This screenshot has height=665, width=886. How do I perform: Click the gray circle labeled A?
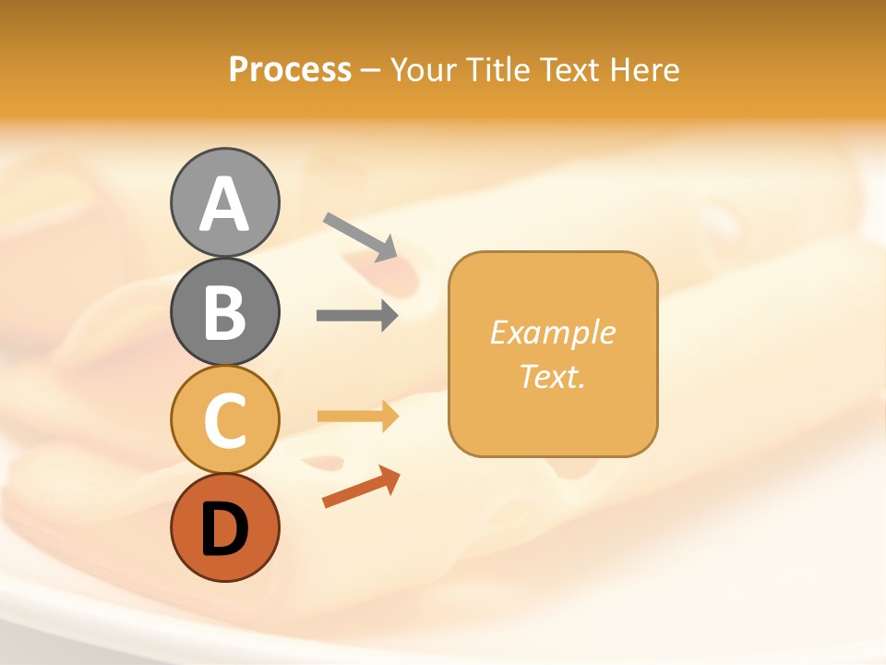pos(224,202)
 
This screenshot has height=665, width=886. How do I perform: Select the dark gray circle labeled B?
pos(224,311)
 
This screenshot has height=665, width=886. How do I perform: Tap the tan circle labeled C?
pos(224,419)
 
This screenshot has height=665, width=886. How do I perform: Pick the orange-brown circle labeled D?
pos(224,527)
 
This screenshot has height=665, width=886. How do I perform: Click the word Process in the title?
pos(290,69)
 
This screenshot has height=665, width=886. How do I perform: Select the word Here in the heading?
pos(645,69)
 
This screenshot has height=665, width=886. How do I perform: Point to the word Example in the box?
pos(552,332)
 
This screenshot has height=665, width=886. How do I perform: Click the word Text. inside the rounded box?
pos(552,376)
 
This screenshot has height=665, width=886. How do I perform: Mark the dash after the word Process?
pos(371,70)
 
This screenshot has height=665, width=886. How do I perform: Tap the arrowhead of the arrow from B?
pos(389,315)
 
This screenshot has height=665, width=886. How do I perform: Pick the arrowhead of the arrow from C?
pos(389,417)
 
